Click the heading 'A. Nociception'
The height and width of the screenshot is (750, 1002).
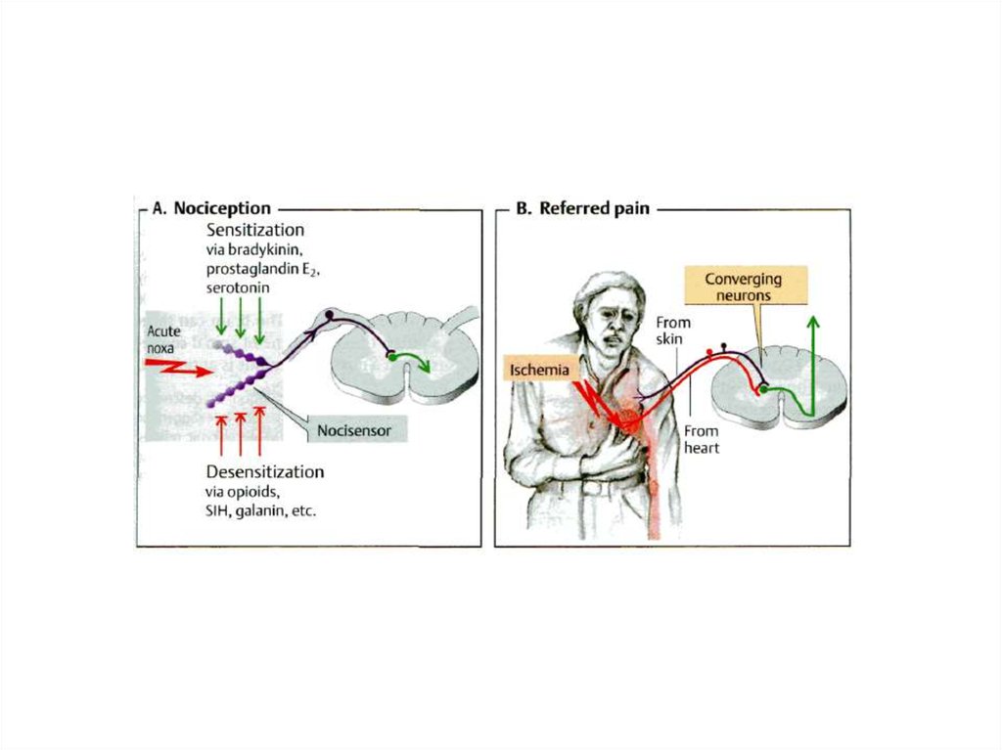(x=211, y=208)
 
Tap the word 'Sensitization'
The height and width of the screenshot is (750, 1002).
(x=254, y=230)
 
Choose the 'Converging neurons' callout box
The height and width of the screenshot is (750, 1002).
(x=744, y=287)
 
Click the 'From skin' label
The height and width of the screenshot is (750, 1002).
(x=674, y=330)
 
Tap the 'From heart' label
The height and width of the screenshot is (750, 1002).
(x=701, y=439)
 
